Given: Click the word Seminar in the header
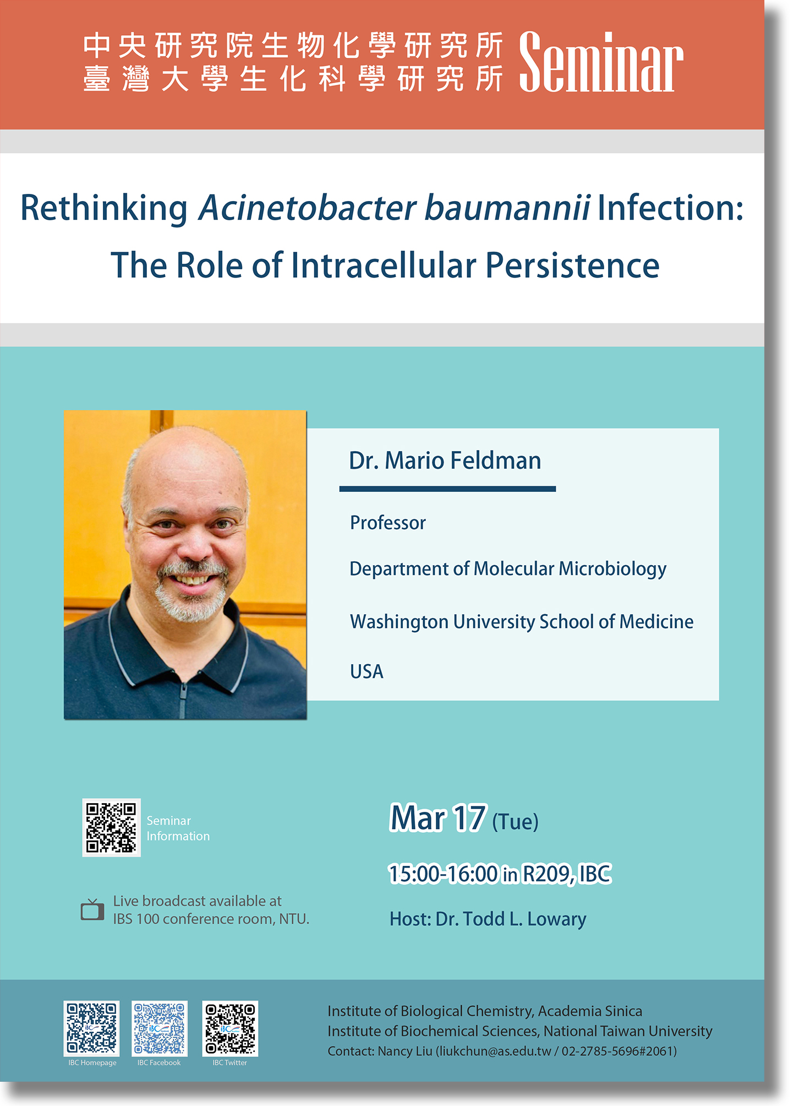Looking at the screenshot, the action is [601, 62].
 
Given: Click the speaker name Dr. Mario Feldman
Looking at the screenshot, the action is [445, 460].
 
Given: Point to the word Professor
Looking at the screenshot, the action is [388, 523].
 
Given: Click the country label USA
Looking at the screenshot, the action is [367, 671].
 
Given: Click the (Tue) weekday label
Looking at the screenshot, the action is [515, 822].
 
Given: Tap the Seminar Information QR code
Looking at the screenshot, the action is [111, 827].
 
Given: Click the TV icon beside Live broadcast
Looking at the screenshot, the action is [92, 909].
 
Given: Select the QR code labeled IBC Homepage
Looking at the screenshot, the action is [92, 1028].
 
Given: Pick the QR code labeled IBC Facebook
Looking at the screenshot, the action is [160, 1028].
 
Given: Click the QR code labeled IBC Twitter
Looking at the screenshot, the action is [230, 1028].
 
